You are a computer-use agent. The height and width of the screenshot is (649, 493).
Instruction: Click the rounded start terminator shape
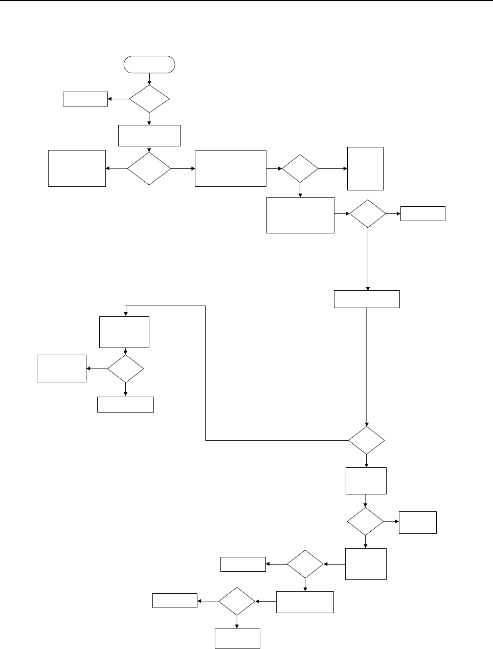tap(149, 64)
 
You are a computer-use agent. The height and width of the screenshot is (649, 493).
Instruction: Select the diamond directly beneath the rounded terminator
tap(149, 99)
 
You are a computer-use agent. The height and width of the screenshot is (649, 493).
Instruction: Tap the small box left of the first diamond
tap(85, 99)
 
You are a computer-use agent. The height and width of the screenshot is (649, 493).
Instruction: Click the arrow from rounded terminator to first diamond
tap(149, 78)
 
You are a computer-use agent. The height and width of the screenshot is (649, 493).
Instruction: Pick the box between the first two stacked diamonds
tap(149, 135)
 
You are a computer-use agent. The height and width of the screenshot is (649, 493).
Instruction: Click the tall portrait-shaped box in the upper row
tap(365, 168)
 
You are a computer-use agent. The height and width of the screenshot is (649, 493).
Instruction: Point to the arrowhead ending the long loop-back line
tap(125, 314)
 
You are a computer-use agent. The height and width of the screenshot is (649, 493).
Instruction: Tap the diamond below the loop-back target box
tap(125, 369)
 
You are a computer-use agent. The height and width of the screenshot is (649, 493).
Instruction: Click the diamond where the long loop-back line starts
tap(367, 440)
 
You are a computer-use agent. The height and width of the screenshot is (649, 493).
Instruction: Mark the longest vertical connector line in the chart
tap(367, 366)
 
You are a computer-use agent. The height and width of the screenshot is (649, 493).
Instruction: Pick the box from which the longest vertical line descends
tap(367, 299)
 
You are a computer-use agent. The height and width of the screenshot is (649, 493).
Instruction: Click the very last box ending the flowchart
tap(237, 638)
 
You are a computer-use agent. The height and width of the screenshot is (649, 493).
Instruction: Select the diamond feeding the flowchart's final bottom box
tap(237, 601)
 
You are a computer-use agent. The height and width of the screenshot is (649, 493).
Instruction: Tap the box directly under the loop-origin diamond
tap(366, 481)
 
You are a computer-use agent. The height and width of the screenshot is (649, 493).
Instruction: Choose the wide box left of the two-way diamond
tap(77, 168)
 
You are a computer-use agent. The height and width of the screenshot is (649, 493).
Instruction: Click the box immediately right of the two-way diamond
tap(231, 168)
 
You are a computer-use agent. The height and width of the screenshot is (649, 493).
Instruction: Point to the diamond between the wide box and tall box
tap(300, 168)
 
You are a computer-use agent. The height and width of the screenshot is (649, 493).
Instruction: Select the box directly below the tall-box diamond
tap(300, 215)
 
